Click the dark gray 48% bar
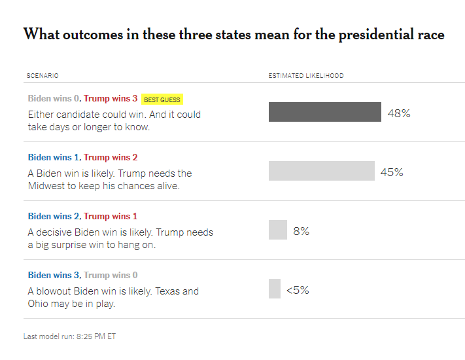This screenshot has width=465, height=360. click(x=325, y=112)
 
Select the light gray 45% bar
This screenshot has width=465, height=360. click(x=322, y=171)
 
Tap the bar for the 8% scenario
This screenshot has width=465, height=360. click(x=278, y=230)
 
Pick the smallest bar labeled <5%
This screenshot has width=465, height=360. click(x=275, y=289)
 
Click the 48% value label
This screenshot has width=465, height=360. click(x=399, y=113)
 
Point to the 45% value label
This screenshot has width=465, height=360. click(x=392, y=172)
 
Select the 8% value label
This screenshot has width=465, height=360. click(x=301, y=231)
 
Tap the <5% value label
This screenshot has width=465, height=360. click(x=298, y=290)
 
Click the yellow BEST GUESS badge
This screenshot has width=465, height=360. click(x=162, y=99)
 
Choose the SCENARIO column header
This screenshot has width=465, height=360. click(x=43, y=76)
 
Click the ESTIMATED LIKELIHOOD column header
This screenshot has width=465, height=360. click(x=306, y=76)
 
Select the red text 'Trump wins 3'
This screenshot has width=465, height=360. click(x=111, y=98)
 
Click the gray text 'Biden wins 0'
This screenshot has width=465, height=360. click(x=54, y=98)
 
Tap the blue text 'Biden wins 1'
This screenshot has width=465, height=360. click(x=54, y=157)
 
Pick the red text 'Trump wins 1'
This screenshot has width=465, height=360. click(x=111, y=216)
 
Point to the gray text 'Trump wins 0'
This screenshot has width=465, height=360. click(x=111, y=275)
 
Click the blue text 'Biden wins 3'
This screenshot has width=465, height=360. click(x=54, y=275)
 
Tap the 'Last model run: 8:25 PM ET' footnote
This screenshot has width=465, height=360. click(x=69, y=336)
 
